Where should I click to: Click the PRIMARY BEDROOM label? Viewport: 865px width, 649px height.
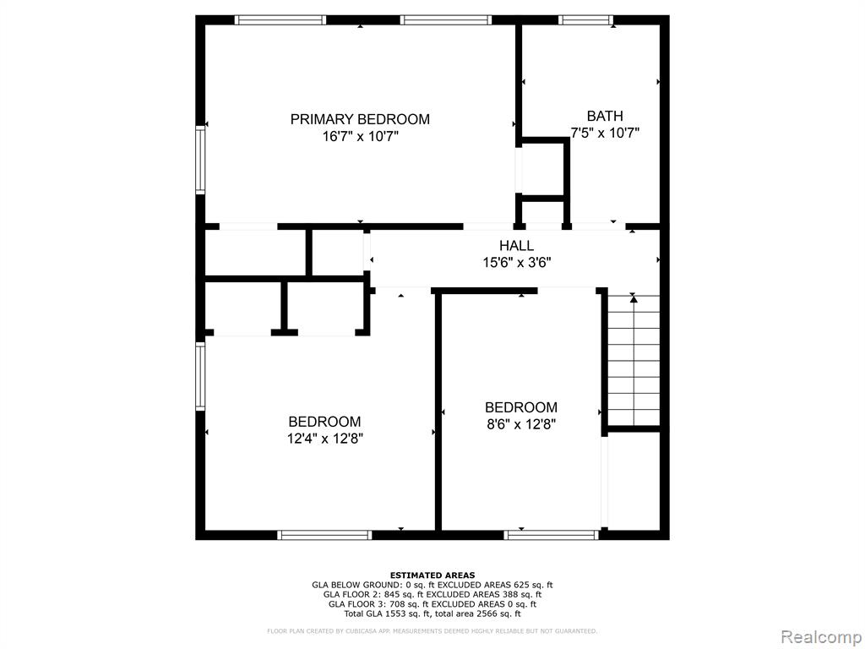pyautogui.click(x=360, y=119)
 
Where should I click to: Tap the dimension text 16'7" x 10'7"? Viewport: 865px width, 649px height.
pyautogui.click(x=360, y=136)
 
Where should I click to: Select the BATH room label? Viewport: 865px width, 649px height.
pyautogui.click(x=605, y=116)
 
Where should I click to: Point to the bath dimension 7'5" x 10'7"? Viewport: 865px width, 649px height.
pyautogui.click(x=605, y=133)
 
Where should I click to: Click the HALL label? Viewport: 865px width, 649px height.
pyautogui.click(x=516, y=246)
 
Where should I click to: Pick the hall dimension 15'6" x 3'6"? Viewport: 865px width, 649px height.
pyautogui.click(x=517, y=263)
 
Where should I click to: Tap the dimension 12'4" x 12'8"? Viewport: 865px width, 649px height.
pyautogui.click(x=324, y=439)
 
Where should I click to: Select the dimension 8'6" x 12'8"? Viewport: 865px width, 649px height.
pyautogui.click(x=520, y=424)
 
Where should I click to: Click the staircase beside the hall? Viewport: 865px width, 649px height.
pyautogui.click(x=634, y=360)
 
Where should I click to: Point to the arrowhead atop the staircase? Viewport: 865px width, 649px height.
pyautogui.click(x=634, y=298)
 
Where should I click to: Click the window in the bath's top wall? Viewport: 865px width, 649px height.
pyautogui.click(x=585, y=20)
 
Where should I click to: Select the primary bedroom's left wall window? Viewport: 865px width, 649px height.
pyautogui.click(x=200, y=160)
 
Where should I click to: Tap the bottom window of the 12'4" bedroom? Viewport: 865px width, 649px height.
pyautogui.click(x=324, y=535)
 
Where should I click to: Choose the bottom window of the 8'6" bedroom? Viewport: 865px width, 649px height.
pyautogui.click(x=551, y=535)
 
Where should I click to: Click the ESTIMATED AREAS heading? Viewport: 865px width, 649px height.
pyautogui.click(x=432, y=575)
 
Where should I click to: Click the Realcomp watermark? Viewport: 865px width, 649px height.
pyautogui.click(x=820, y=637)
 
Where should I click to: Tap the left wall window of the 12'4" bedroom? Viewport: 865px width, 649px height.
pyautogui.click(x=200, y=376)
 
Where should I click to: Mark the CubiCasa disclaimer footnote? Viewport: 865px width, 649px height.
pyautogui.click(x=432, y=630)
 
